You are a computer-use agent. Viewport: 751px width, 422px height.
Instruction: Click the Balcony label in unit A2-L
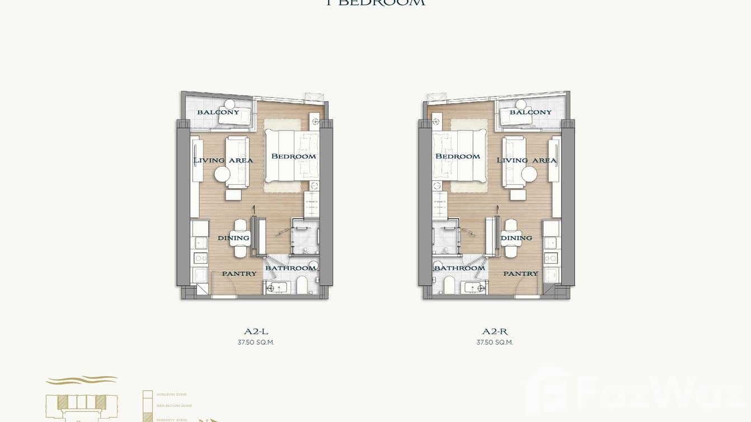pos(218,112)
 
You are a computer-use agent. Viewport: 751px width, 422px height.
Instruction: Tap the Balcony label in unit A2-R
pos(531,112)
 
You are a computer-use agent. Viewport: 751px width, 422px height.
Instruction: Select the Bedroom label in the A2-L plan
pos(293,156)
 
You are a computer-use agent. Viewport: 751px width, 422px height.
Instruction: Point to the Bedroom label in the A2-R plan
pos(457,156)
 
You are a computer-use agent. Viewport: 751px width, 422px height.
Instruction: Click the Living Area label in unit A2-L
pos(223,160)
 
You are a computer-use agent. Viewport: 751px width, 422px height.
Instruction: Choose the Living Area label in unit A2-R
pos(527,160)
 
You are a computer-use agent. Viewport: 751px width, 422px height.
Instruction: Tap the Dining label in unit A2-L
pos(233,238)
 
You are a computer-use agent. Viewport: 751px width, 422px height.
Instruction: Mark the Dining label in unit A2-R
pos(516,238)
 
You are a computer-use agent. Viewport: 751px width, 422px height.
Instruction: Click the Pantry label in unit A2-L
pos(239,274)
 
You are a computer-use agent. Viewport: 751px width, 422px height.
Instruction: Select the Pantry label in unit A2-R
pos(520,274)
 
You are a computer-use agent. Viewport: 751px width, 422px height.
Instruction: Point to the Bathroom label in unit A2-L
pos(290,268)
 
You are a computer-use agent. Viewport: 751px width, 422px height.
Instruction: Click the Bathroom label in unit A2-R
pos(459,268)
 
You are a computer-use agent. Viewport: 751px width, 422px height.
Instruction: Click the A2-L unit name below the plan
pos(256,331)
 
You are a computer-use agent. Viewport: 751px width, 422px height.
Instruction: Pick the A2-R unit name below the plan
pos(495,331)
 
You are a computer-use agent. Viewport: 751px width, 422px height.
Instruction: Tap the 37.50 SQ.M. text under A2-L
pos(256,343)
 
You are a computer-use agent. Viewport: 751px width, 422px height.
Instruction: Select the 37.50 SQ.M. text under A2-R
pos(495,343)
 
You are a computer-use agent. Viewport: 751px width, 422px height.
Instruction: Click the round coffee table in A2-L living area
pos(222,175)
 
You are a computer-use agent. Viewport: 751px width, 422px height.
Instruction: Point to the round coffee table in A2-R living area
pos(529,175)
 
